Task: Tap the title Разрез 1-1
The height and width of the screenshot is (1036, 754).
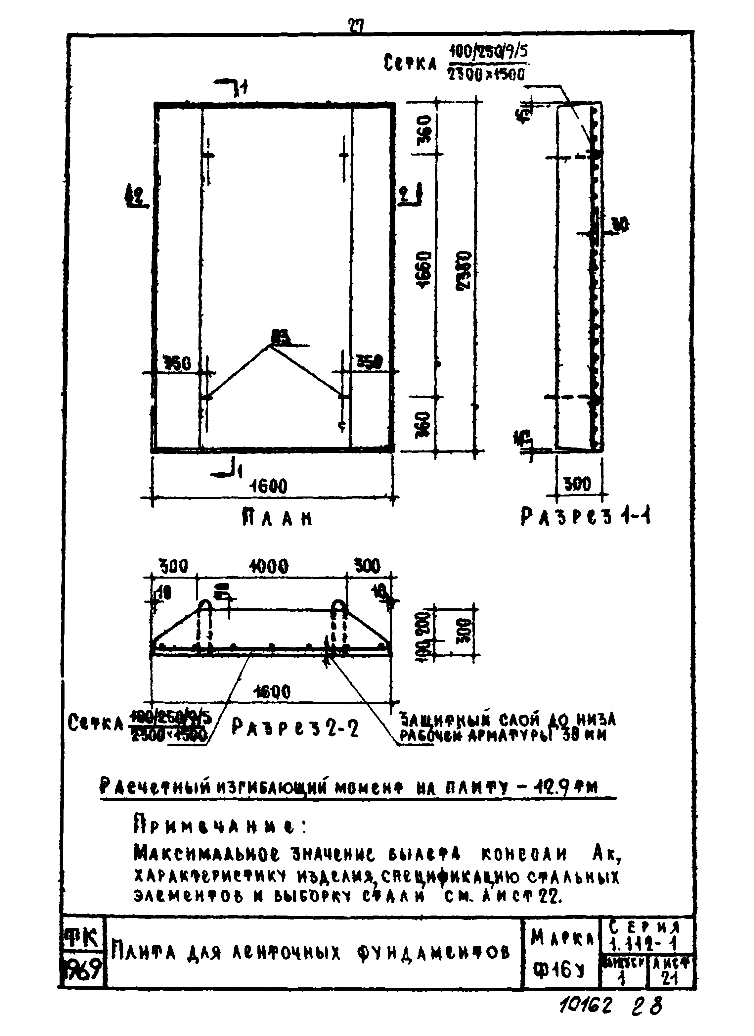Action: [586, 518]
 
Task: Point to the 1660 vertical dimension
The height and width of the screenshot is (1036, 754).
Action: [424, 269]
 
